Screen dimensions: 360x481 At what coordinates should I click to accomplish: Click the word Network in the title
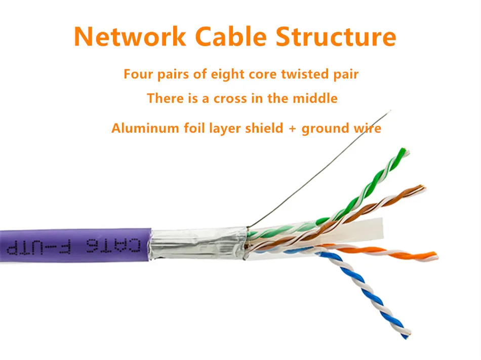pos(129,36)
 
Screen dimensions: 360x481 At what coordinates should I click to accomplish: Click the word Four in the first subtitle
pos(138,74)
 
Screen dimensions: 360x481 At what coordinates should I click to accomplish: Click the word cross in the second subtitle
pos(230,98)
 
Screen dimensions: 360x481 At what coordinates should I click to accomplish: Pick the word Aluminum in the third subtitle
pos(145,128)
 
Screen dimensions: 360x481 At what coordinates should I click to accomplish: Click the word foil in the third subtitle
pos(193,128)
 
